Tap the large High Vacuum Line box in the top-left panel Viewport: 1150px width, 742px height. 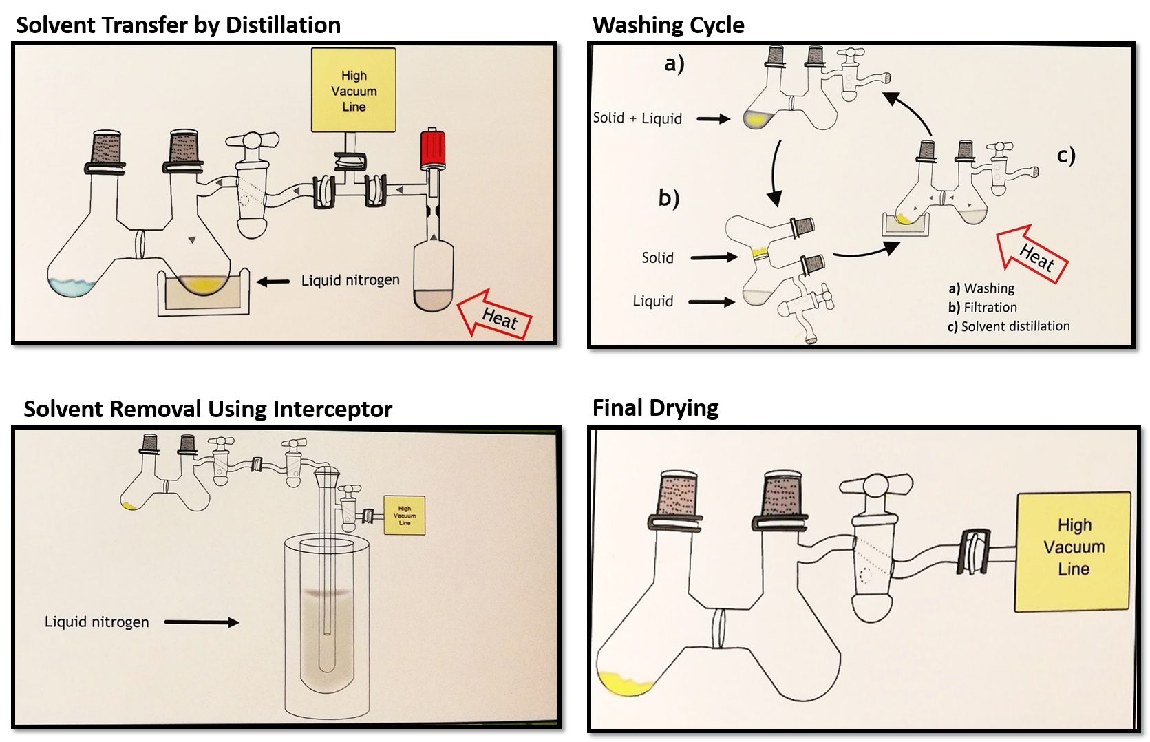[354, 90]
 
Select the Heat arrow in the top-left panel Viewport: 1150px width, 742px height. [496, 316]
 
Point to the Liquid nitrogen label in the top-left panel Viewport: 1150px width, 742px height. [350, 280]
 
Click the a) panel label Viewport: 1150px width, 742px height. [674, 64]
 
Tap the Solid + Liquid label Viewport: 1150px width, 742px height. [637, 118]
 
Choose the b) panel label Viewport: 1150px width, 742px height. [669, 198]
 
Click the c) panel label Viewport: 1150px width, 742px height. [1066, 156]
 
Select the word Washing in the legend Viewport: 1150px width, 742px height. [989, 288]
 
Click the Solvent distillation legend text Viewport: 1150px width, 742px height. [1015, 326]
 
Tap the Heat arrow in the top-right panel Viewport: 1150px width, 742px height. [1033, 255]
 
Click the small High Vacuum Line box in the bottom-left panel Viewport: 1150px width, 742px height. [405, 516]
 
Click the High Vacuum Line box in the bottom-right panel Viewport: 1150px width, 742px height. [1073, 551]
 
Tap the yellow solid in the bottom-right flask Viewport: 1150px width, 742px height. [624, 686]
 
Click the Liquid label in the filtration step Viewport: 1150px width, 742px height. [653, 301]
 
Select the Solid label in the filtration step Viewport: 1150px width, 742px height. [657, 258]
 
